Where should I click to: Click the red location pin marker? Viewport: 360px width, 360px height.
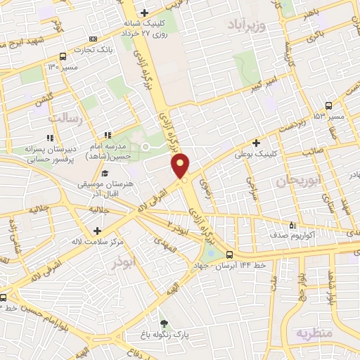pos(181,165)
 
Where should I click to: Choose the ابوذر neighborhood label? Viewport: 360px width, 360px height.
pos(127,262)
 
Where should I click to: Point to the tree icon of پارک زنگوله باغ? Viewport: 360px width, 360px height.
pos(164,324)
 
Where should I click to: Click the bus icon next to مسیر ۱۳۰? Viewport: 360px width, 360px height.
pos(63,56)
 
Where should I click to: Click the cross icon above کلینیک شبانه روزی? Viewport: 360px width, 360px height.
pos(144,13)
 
